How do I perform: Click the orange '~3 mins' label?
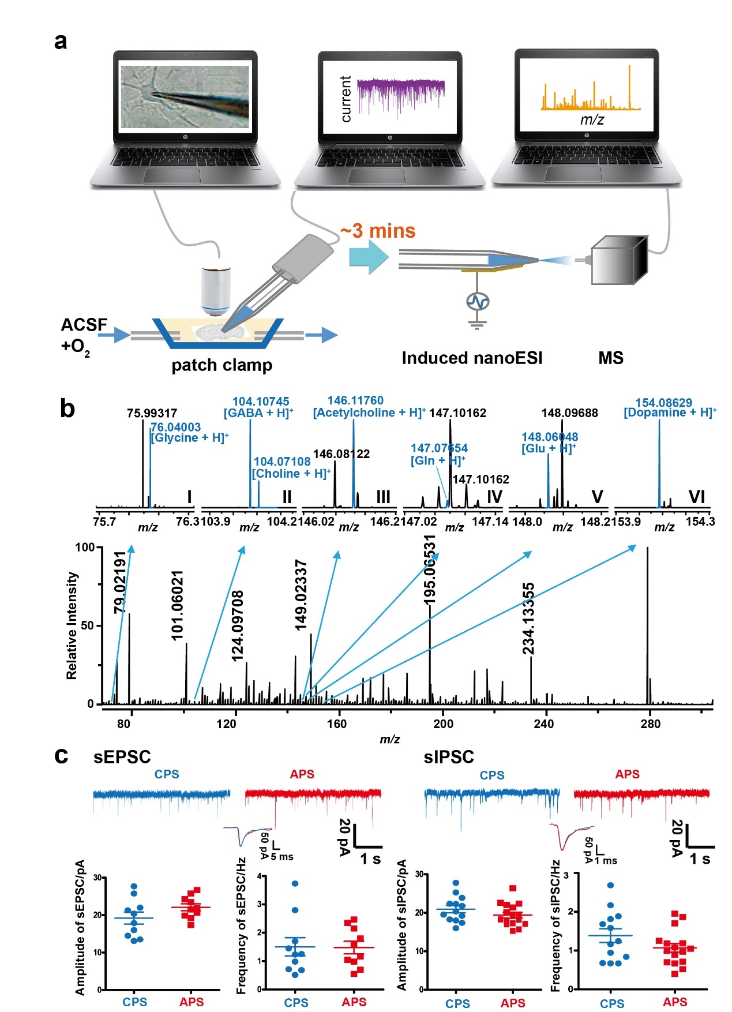[x=378, y=231]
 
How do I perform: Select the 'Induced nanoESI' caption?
[x=472, y=358]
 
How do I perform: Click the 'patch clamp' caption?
[x=222, y=365]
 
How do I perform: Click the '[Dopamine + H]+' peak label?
[x=670, y=413]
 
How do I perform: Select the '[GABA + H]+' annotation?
[x=258, y=413]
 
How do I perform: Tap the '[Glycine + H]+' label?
[x=189, y=438]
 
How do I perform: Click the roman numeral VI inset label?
[x=697, y=497]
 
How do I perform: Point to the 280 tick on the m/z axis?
[x=650, y=724]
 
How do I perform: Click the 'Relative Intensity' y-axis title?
[x=72, y=625]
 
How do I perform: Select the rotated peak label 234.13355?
[x=528, y=619]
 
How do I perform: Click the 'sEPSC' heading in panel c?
[x=122, y=757]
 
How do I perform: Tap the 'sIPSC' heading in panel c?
[x=449, y=757]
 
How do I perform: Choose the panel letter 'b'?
[x=67, y=409]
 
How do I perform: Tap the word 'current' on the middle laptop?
[x=346, y=99]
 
